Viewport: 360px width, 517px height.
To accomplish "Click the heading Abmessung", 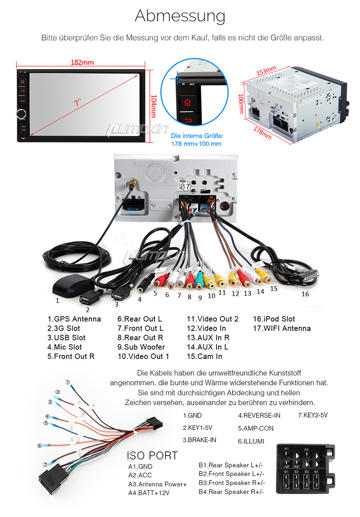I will (180, 16).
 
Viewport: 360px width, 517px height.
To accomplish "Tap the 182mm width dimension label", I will (82, 62).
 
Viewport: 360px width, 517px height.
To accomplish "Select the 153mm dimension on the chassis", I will (266, 71).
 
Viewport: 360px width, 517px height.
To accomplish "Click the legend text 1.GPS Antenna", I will (74, 319).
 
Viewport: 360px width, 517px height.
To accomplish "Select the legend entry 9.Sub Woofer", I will (141, 347).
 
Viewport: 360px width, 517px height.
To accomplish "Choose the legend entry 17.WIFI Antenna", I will (282, 328).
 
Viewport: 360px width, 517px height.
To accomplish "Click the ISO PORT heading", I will (152, 455).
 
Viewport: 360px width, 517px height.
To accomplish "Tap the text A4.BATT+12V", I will (149, 493).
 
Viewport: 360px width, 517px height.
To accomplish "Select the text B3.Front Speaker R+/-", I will (232, 483).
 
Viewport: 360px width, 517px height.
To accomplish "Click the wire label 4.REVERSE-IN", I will (259, 415).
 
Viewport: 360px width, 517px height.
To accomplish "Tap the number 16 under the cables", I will (305, 294).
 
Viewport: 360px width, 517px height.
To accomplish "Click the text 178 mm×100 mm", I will (197, 144).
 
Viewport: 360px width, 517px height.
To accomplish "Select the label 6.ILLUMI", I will (251, 441).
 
